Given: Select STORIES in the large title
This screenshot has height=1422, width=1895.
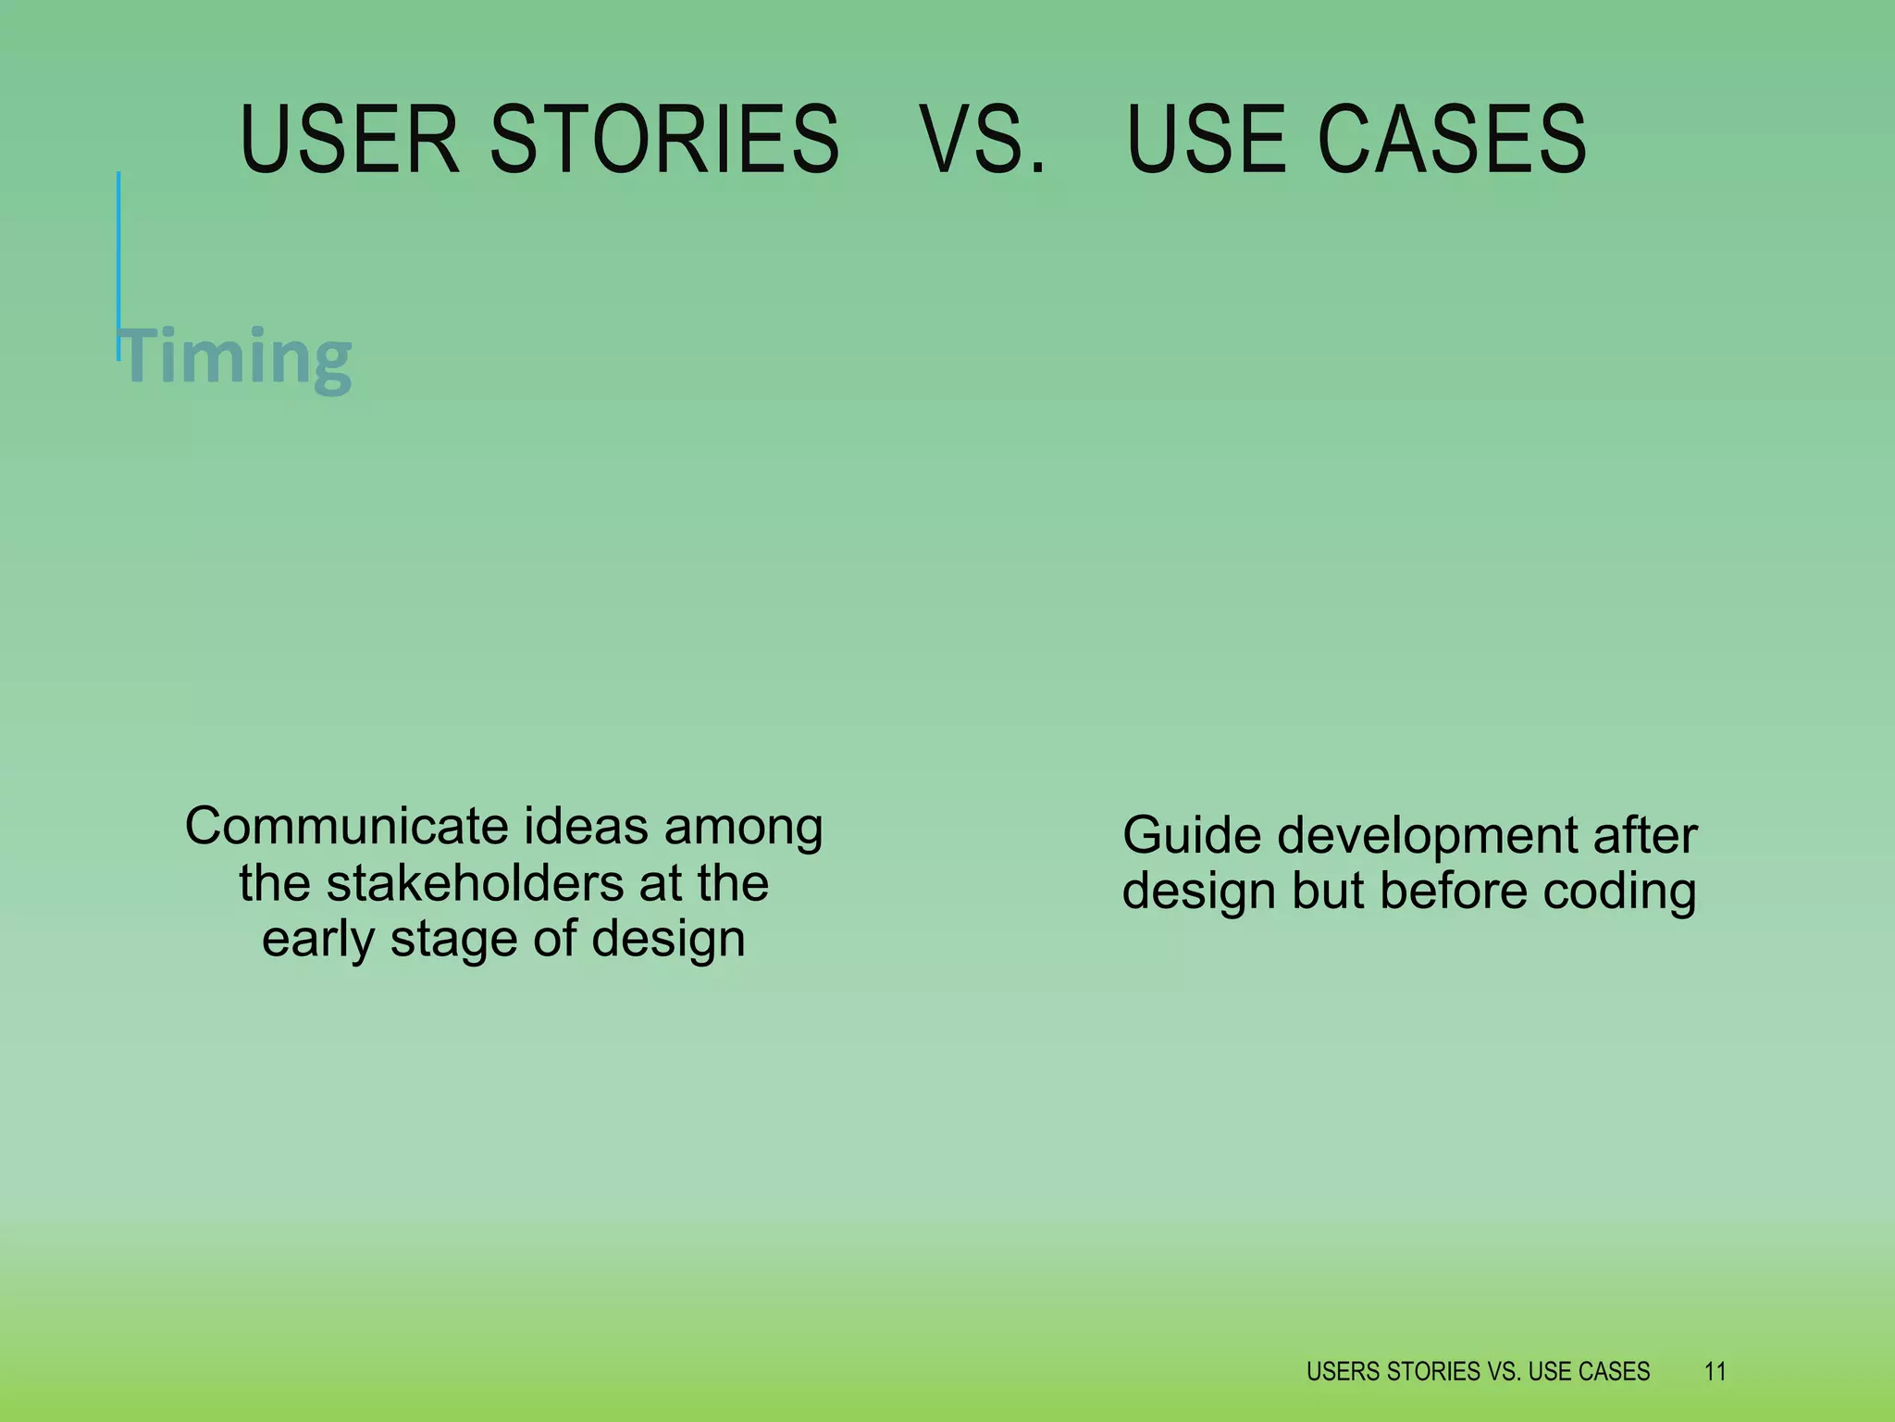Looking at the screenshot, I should pos(663,140).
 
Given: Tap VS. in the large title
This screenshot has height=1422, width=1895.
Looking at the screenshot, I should pos(983,140).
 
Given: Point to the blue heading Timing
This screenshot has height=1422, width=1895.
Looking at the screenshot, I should pos(237,356).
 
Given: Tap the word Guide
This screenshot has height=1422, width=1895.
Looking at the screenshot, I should pos(1192,835).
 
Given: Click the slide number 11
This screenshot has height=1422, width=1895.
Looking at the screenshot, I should pos(1715,1371).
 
